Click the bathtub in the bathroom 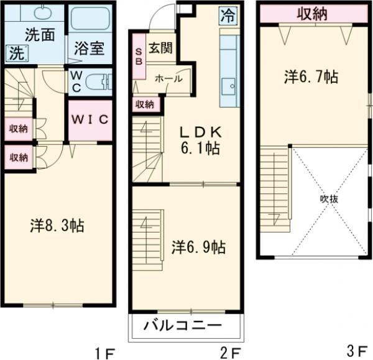tap(89, 19)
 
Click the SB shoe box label tap(139, 58)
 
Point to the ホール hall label tap(168, 80)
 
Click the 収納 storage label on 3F tap(311, 14)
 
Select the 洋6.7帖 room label tap(311, 77)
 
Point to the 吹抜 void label tap(328, 199)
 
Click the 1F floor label tap(104, 352)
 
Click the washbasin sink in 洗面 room tap(42, 14)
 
